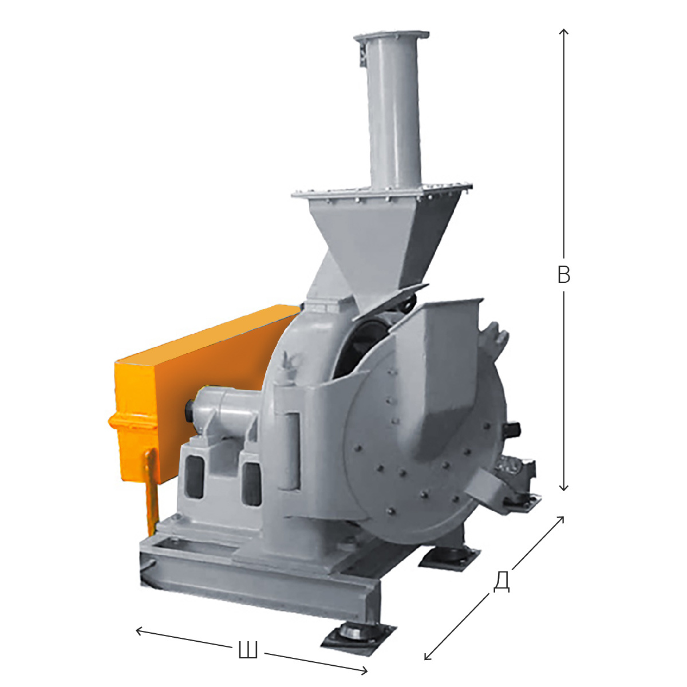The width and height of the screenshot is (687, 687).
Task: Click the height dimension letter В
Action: (564, 275)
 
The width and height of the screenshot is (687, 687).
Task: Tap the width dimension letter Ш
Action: (248, 650)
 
